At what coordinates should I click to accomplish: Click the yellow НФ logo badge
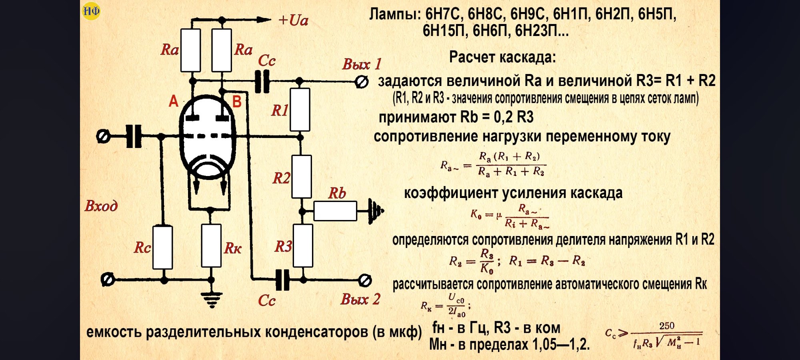(91, 11)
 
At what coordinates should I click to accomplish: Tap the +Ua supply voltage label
(294, 20)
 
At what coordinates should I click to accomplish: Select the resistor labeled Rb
(335, 211)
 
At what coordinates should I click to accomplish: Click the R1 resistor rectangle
(300, 110)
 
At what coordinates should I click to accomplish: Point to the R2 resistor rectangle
(302, 177)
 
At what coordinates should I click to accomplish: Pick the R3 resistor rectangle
(303, 246)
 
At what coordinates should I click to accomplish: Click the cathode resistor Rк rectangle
(211, 246)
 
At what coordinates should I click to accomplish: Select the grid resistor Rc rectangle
(163, 247)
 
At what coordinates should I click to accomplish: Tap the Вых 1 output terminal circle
(362, 82)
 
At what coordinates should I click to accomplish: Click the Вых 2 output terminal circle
(365, 280)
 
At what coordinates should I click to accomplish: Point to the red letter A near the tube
(174, 101)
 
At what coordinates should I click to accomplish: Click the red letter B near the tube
(237, 102)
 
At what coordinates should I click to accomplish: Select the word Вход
(101, 206)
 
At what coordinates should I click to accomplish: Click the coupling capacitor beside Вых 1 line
(262, 82)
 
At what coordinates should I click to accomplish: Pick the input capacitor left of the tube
(134, 136)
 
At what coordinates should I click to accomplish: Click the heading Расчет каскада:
(502, 57)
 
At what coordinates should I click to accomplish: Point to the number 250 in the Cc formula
(667, 326)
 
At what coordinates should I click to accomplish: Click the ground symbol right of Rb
(376, 210)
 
